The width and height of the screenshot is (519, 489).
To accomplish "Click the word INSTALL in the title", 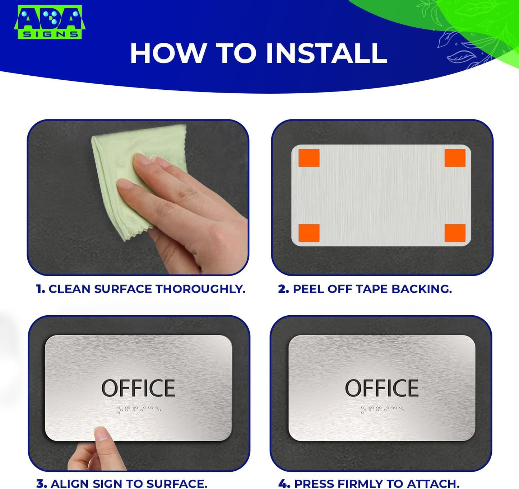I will click(x=326, y=53).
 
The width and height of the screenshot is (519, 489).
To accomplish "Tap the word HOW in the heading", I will click(x=168, y=53).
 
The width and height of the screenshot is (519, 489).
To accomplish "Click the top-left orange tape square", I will click(x=309, y=158).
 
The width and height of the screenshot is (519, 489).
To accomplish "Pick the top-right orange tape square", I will click(x=455, y=158).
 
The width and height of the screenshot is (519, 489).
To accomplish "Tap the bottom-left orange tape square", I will click(x=309, y=233).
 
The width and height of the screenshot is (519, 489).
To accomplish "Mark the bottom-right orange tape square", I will click(x=455, y=233).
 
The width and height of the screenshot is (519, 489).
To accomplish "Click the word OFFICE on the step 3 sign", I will click(x=138, y=388).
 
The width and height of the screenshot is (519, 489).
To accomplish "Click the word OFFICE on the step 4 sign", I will click(x=382, y=388).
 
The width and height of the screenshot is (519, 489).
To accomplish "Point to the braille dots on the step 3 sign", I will click(x=139, y=409).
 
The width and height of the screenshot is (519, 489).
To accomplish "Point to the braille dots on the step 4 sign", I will click(x=382, y=409).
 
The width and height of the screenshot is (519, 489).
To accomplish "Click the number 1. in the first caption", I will click(x=41, y=289).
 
